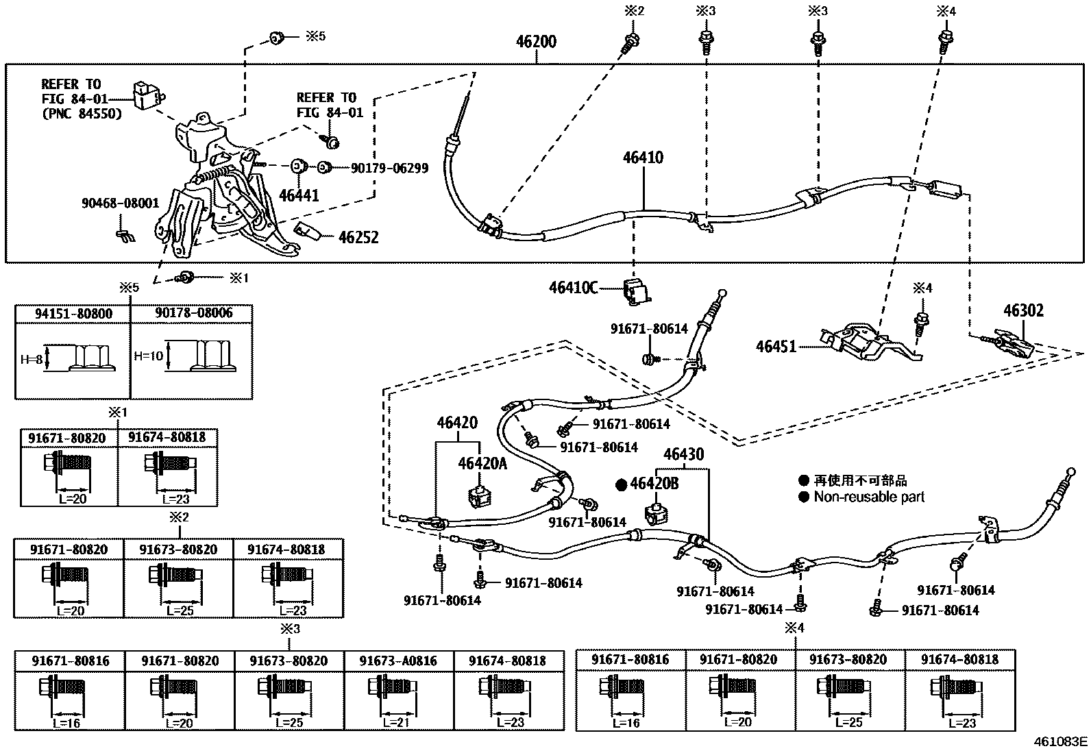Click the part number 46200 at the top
coord(536,42)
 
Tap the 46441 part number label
coord(299,195)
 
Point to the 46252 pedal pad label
coord(358,238)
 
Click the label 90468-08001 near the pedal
coord(120,203)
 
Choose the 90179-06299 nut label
coord(389,168)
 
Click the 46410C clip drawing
coord(637,289)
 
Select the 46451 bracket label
coord(776,346)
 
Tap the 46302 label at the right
coord(1023,311)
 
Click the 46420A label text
coord(482,464)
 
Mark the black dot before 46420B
coord(621,484)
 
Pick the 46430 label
coord(683,455)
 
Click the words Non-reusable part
coord(868,497)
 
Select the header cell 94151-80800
coord(73,314)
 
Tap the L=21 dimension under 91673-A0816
coord(396,722)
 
